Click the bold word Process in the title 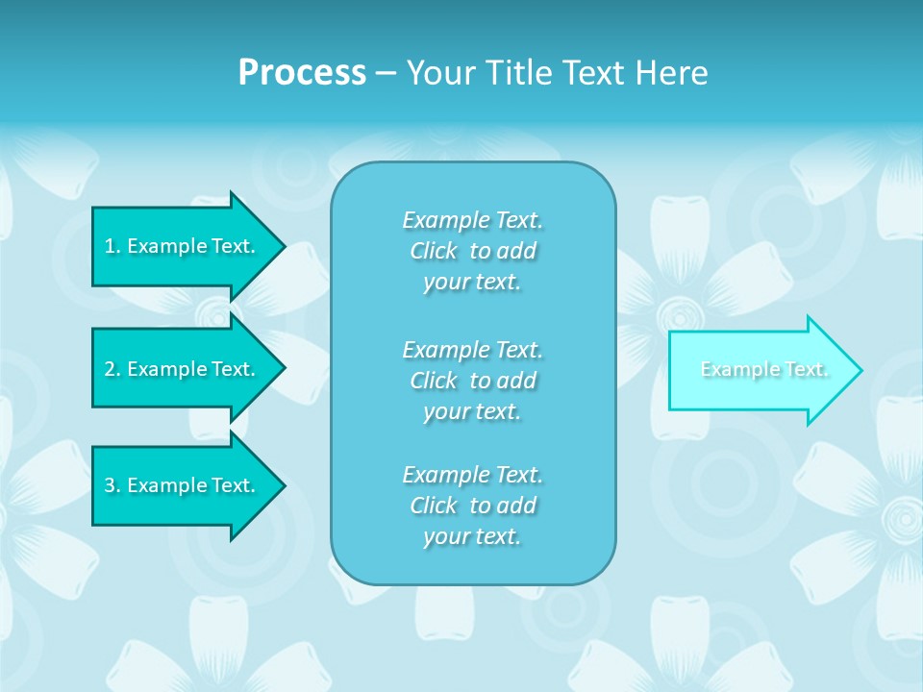click(302, 73)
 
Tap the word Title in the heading click(516, 73)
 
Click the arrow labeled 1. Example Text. click(183, 246)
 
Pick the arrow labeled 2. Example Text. click(183, 369)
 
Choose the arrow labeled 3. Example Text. click(183, 485)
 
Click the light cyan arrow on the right click(760, 370)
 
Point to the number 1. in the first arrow click(112, 246)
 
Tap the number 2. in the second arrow click(112, 369)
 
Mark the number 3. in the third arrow click(112, 485)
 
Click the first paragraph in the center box click(473, 251)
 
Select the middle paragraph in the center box click(473, 381)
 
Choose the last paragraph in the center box click(473, 506)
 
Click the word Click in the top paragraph click(434, 252)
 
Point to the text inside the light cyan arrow click(764, 369)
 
